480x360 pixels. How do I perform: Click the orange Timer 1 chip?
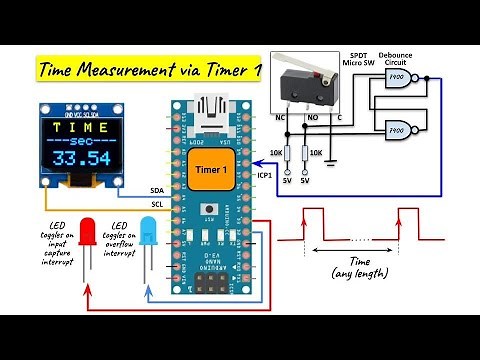click(x=210, y=170)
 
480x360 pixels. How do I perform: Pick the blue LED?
click(x=147, y=234)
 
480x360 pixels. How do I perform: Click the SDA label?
click(x=156, y=188)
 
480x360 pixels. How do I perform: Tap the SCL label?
click(x=156, y=205)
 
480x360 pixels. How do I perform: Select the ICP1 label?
click(x=265, y=174)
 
